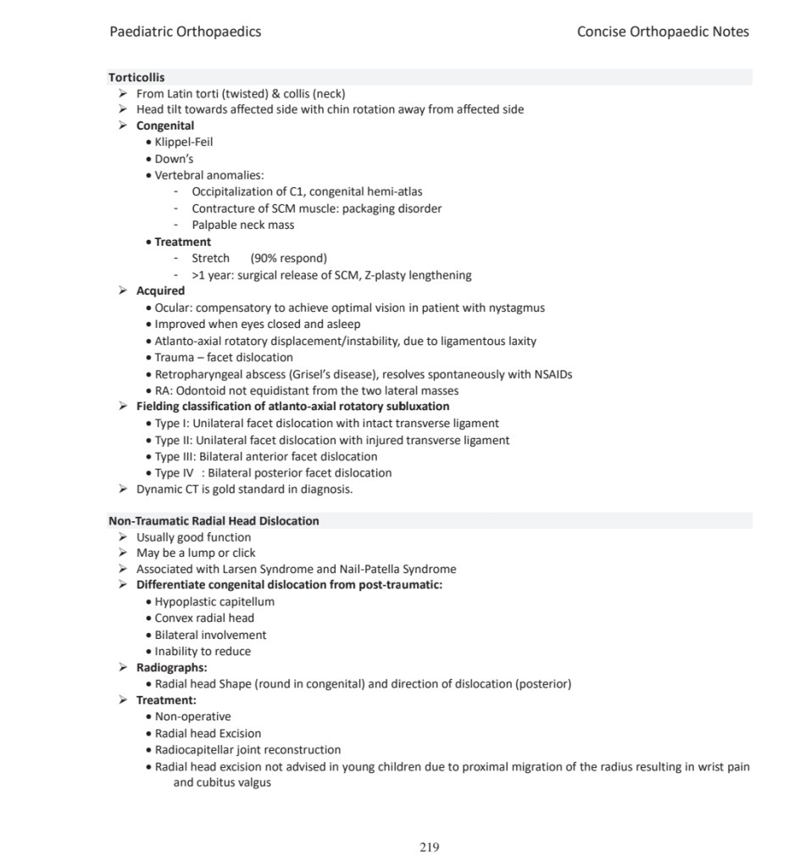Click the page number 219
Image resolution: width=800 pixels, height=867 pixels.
(430, 847)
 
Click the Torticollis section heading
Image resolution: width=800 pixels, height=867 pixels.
(136, 77)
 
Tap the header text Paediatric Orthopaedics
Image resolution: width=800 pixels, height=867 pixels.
(185, 32)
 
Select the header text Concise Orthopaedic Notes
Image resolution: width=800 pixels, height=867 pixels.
(663, 32)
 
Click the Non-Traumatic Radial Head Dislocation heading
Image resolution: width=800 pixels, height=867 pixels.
(214, 521)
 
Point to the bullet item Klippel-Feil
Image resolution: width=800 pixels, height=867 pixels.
(183, 142)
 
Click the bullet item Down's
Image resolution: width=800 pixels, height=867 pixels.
(174, 158)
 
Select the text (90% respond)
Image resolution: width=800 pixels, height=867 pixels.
(289, 258)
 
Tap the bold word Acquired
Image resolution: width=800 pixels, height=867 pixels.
(160, 291)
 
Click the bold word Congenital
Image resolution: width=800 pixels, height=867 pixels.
(165, 126)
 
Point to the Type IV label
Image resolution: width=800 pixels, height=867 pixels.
(175, 473)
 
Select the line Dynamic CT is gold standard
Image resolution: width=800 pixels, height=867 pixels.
(244, 489)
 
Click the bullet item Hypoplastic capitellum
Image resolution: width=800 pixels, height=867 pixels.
(214, 602)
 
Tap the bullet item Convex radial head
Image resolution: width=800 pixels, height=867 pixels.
(204, 618)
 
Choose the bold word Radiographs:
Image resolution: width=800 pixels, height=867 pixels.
(172, 668)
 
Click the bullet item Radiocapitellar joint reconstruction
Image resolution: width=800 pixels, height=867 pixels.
(247, 750)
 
